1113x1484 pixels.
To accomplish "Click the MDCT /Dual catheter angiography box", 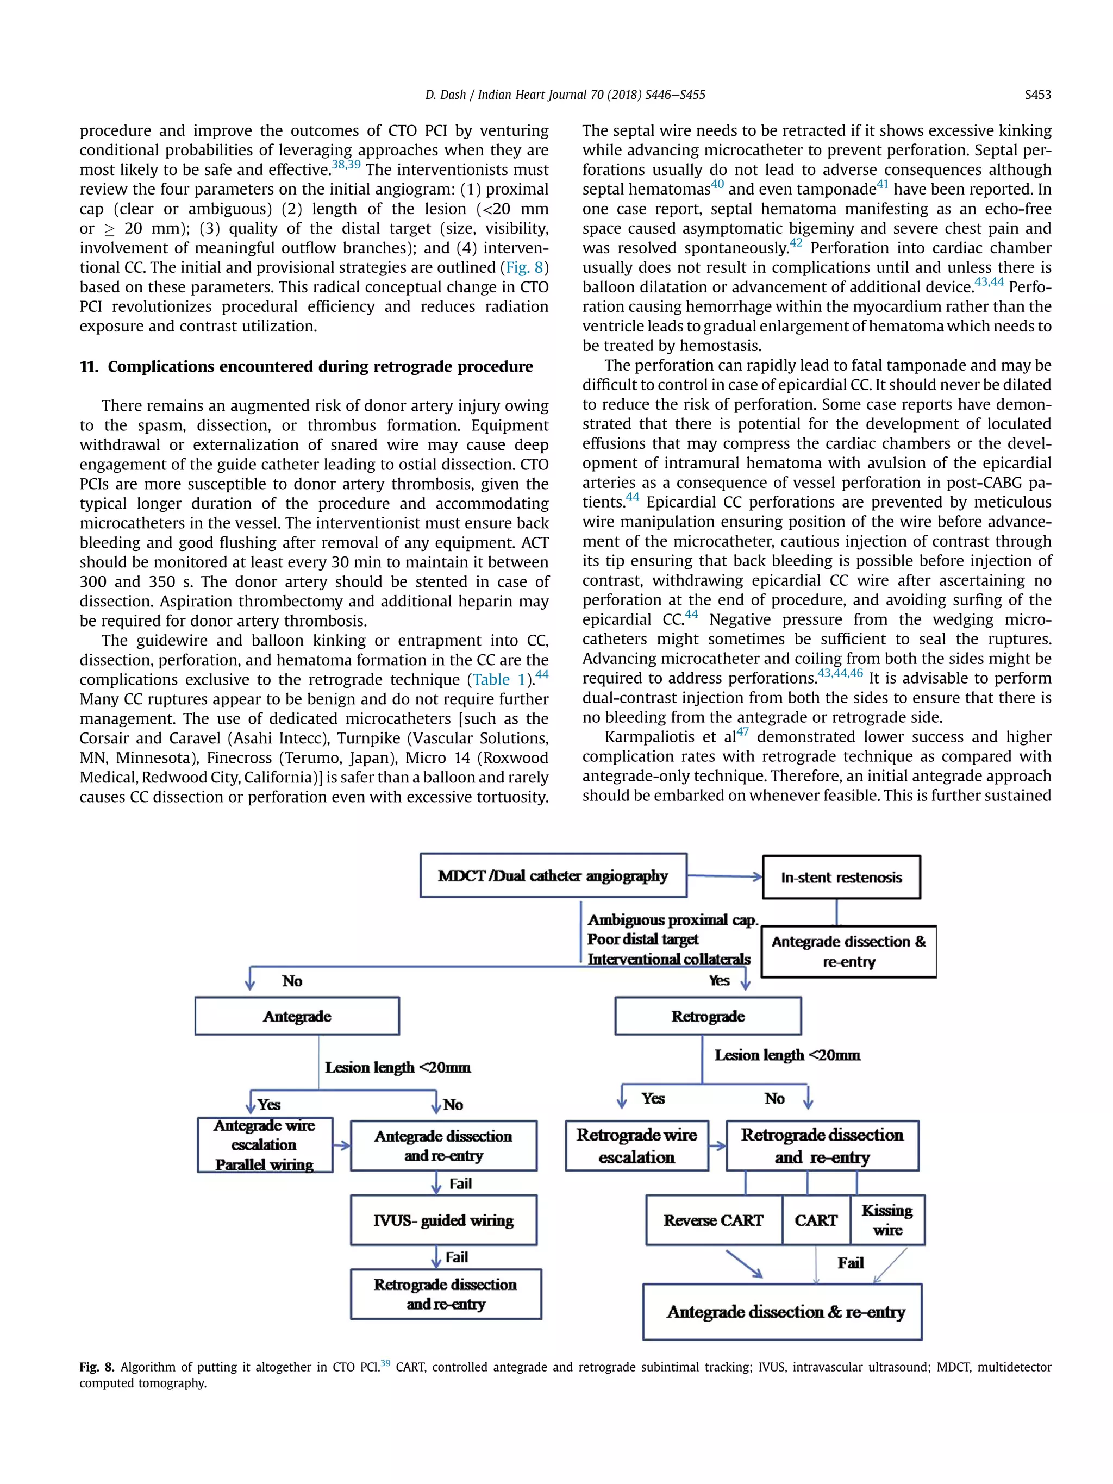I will coord(553,875).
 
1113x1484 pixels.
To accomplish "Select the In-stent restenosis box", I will coord(841,878).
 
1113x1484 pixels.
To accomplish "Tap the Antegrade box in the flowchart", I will coord(297,1016).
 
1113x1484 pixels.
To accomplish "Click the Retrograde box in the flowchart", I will coord(707,1016).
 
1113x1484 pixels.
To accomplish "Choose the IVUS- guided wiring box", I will coord(443,1220).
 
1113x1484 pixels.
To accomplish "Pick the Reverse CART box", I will coord(713,1220).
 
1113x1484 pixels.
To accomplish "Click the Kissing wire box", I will coord(887,1220).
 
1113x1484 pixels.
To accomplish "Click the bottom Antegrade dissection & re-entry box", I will coord(782,1312).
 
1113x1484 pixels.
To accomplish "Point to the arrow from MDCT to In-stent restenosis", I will coord(724,876).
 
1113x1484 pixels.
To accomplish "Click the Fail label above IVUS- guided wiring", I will coord(460,1184).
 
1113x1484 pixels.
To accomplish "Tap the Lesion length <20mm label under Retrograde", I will coord(787,1055).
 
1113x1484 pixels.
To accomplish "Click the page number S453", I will coord(1037,95).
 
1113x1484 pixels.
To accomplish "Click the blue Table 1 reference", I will coord(500,680).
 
